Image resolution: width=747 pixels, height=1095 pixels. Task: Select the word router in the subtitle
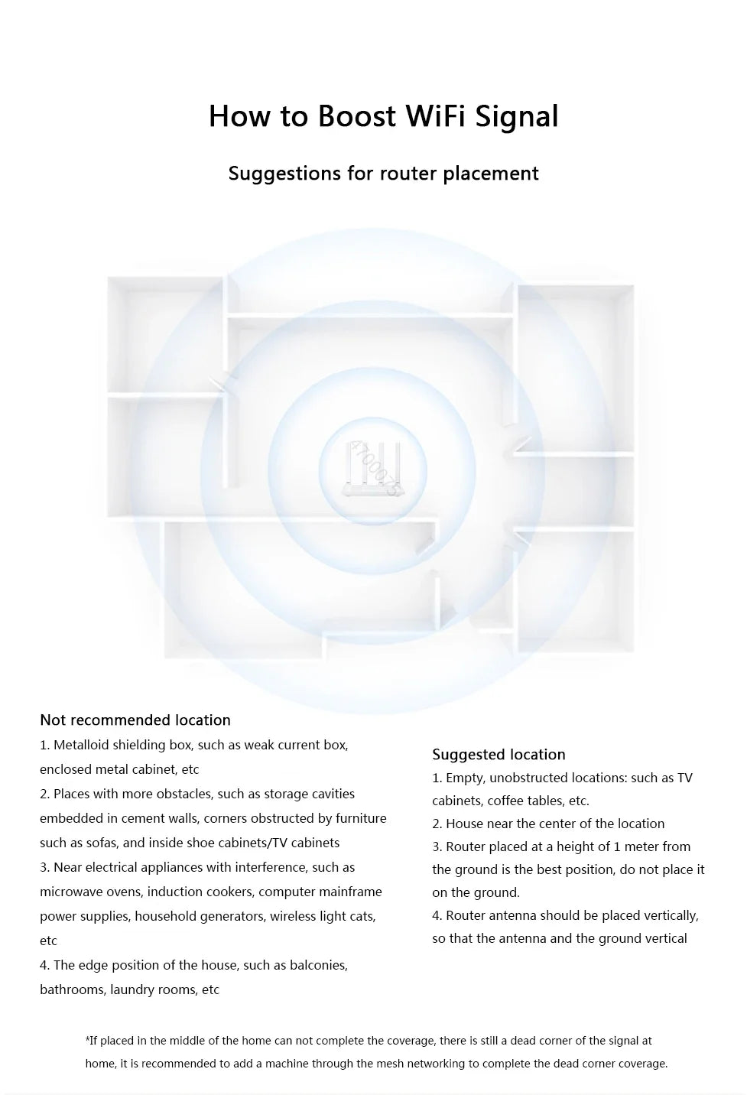(x=408, y=174)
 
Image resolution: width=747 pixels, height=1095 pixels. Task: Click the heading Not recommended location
(x=135, y=720)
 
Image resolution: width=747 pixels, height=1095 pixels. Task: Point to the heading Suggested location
(x=499, y=755)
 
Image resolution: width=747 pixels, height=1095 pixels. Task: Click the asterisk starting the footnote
(x=87, y=1040)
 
